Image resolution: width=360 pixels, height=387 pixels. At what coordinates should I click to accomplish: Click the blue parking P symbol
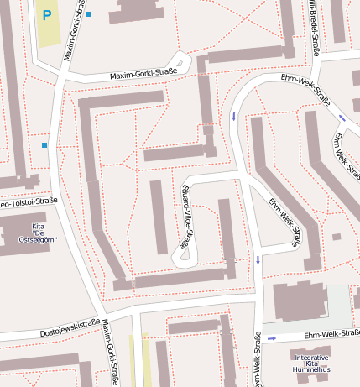click(x=47, y=14)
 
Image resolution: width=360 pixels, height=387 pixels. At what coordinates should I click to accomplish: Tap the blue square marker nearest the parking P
click(x=88, y=14)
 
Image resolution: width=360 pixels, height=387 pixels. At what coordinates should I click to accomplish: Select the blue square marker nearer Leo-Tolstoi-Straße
click(x=44, y=145)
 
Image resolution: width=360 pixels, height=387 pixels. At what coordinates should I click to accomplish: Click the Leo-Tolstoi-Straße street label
click(x=28, y=201)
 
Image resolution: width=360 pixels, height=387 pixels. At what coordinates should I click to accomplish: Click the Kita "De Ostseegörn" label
click(x=38, y=233)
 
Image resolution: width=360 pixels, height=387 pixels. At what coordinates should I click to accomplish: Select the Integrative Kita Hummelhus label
click(x=311, y=363)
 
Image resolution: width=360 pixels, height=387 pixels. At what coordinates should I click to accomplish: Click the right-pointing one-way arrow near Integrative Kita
click(x=272, y=339)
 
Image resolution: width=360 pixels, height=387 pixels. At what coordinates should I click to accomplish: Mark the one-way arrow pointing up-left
click(x=342, y=118)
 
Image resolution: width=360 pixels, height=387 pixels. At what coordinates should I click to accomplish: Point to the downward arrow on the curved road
click(x=233, y=117)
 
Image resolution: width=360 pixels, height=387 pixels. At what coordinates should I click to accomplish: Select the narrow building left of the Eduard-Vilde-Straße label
click(x=159, y=217)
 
